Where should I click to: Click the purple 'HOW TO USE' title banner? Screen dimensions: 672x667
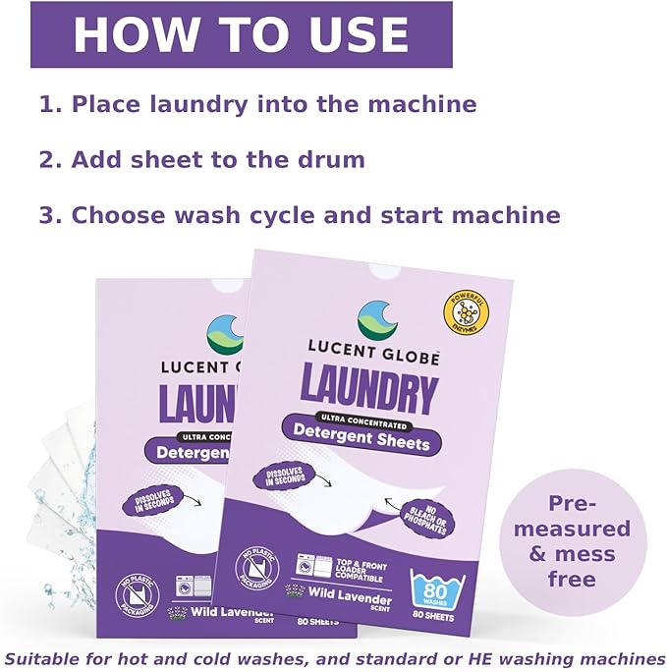point(241,34)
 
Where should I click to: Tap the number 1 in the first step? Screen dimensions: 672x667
point(46,104)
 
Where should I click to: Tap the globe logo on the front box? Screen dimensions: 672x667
point(376,320)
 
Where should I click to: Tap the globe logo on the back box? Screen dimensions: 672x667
point(224,334)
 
